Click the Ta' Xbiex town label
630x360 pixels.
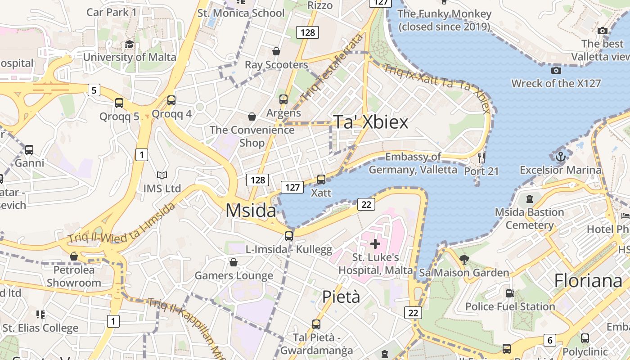click(x=370, y=122)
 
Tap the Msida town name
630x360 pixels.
click(x=251, y=210)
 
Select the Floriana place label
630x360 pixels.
click(x=588, y=280)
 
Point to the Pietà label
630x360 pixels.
click(x=341, y=297)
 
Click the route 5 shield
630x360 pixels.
click(x=94, y=90)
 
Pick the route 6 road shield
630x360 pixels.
click(x=549, y=340)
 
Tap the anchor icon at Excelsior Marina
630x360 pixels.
click(x=560, y=157)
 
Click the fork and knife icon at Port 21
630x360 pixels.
click(x=481, y=157)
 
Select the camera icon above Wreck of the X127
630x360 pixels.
click(x=556, y=70)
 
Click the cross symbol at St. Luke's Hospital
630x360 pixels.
click(x=375, y=244)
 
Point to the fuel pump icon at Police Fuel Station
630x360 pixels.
click(x=510, y=293)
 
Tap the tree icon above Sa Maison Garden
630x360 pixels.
click(x=464, y=259)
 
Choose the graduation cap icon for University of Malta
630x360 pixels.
click(x=130, y=44)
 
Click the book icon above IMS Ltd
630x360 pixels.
click(x=162, y=175)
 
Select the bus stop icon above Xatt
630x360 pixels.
click(x=321, y=180)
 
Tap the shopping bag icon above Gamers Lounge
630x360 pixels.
click(x=234, y=262)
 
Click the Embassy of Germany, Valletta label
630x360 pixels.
click(x=413, y=163)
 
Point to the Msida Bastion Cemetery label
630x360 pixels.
click(x=529, y=218)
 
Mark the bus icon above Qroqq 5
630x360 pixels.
click(x=119, y=103)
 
